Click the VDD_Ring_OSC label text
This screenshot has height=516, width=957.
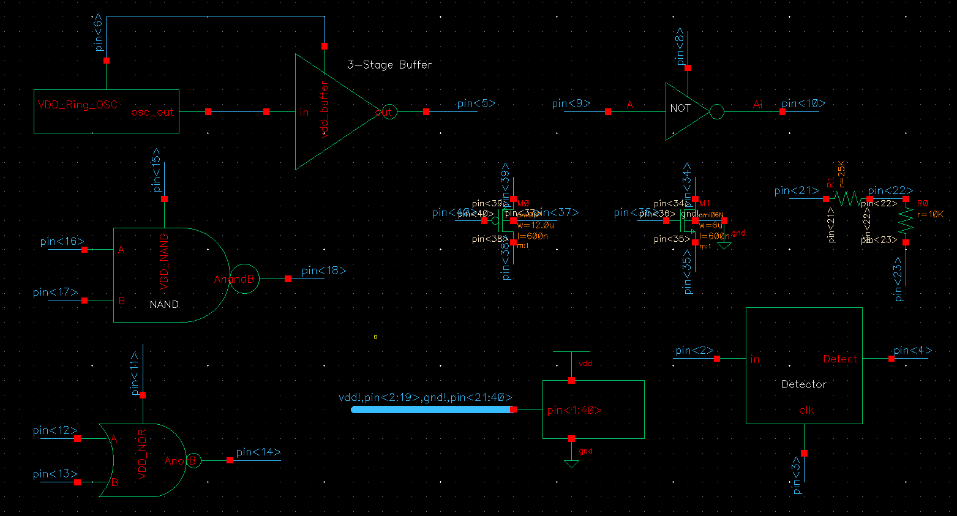point(77,105)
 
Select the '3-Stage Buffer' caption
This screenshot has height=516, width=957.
point(389,65)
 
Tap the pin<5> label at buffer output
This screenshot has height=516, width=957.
point(476,103)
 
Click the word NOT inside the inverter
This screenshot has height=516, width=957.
point(680,108)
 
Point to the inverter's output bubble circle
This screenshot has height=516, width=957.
point(716,112)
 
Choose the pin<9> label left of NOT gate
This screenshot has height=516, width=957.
point(571,103)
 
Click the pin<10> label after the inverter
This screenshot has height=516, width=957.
point(803,103)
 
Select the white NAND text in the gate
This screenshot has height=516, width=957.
point(164,304)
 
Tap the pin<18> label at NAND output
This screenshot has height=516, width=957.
point(323,271)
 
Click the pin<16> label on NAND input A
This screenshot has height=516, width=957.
point(62,241)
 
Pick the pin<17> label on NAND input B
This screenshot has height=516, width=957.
point(55,292)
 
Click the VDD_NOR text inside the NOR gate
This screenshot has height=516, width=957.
point(142,454)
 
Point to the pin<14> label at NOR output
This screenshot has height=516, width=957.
point(258,452)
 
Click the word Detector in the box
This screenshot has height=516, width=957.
point(804,384)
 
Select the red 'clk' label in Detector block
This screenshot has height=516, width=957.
point(806,410)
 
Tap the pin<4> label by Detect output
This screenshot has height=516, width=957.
point(912,350)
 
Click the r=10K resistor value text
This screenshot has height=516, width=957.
point(931,215)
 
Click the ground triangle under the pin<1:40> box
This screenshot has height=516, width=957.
point(571,464)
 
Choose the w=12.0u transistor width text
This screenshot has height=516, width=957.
point(535,225)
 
